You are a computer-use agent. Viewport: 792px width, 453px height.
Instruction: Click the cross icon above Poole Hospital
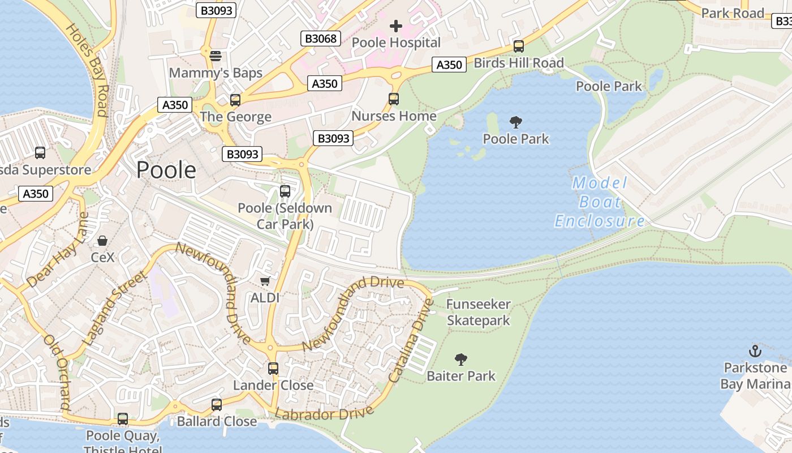coord(396,25)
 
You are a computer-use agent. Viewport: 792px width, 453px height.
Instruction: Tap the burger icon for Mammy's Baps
coord(215,56)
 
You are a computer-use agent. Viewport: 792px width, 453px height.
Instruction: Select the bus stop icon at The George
coord(235,100)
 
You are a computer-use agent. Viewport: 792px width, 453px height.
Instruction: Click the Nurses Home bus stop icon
coord(394,99)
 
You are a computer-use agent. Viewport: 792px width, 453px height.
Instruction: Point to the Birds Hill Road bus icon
coord(519,46)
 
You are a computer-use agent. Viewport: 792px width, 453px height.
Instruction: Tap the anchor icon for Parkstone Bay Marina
coord(755,351)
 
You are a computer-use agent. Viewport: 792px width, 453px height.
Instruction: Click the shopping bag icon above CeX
coord(102,241)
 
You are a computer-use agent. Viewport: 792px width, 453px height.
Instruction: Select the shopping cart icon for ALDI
coord(265,281)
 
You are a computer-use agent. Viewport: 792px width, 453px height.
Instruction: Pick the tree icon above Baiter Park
coord(461,359)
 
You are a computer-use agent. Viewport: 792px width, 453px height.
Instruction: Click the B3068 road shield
coord(321,39)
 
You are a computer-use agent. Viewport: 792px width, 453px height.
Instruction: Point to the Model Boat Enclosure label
coord(600,202)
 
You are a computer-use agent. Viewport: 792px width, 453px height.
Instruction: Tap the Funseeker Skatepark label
coord(479,313)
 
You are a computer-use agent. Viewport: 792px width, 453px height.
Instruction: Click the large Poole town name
coord(166,170)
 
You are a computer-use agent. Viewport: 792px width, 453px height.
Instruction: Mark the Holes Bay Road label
coord(87,69)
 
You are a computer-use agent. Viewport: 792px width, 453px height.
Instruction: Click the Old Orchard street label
coord(57,373)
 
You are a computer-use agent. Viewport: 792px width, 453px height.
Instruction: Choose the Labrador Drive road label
coord(324,414)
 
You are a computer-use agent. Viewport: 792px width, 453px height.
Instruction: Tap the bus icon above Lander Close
coord(273,369)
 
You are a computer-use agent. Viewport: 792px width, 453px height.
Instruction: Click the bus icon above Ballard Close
coord(217,405)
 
